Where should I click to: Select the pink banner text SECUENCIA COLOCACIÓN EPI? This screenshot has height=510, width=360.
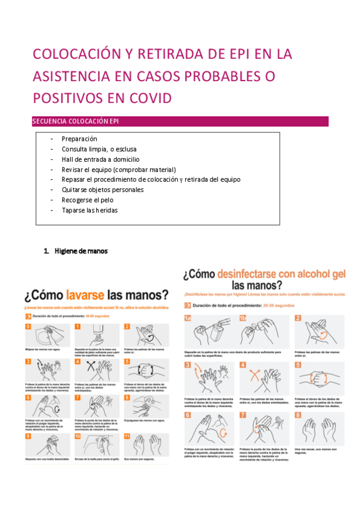point(75,121)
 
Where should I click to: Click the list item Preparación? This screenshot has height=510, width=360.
point(79,139)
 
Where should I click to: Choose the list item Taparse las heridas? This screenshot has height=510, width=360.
point(90,210)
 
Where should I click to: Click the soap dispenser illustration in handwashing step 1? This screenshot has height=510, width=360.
point(99,337)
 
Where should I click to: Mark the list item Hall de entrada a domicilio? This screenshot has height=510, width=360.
point(100,159)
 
